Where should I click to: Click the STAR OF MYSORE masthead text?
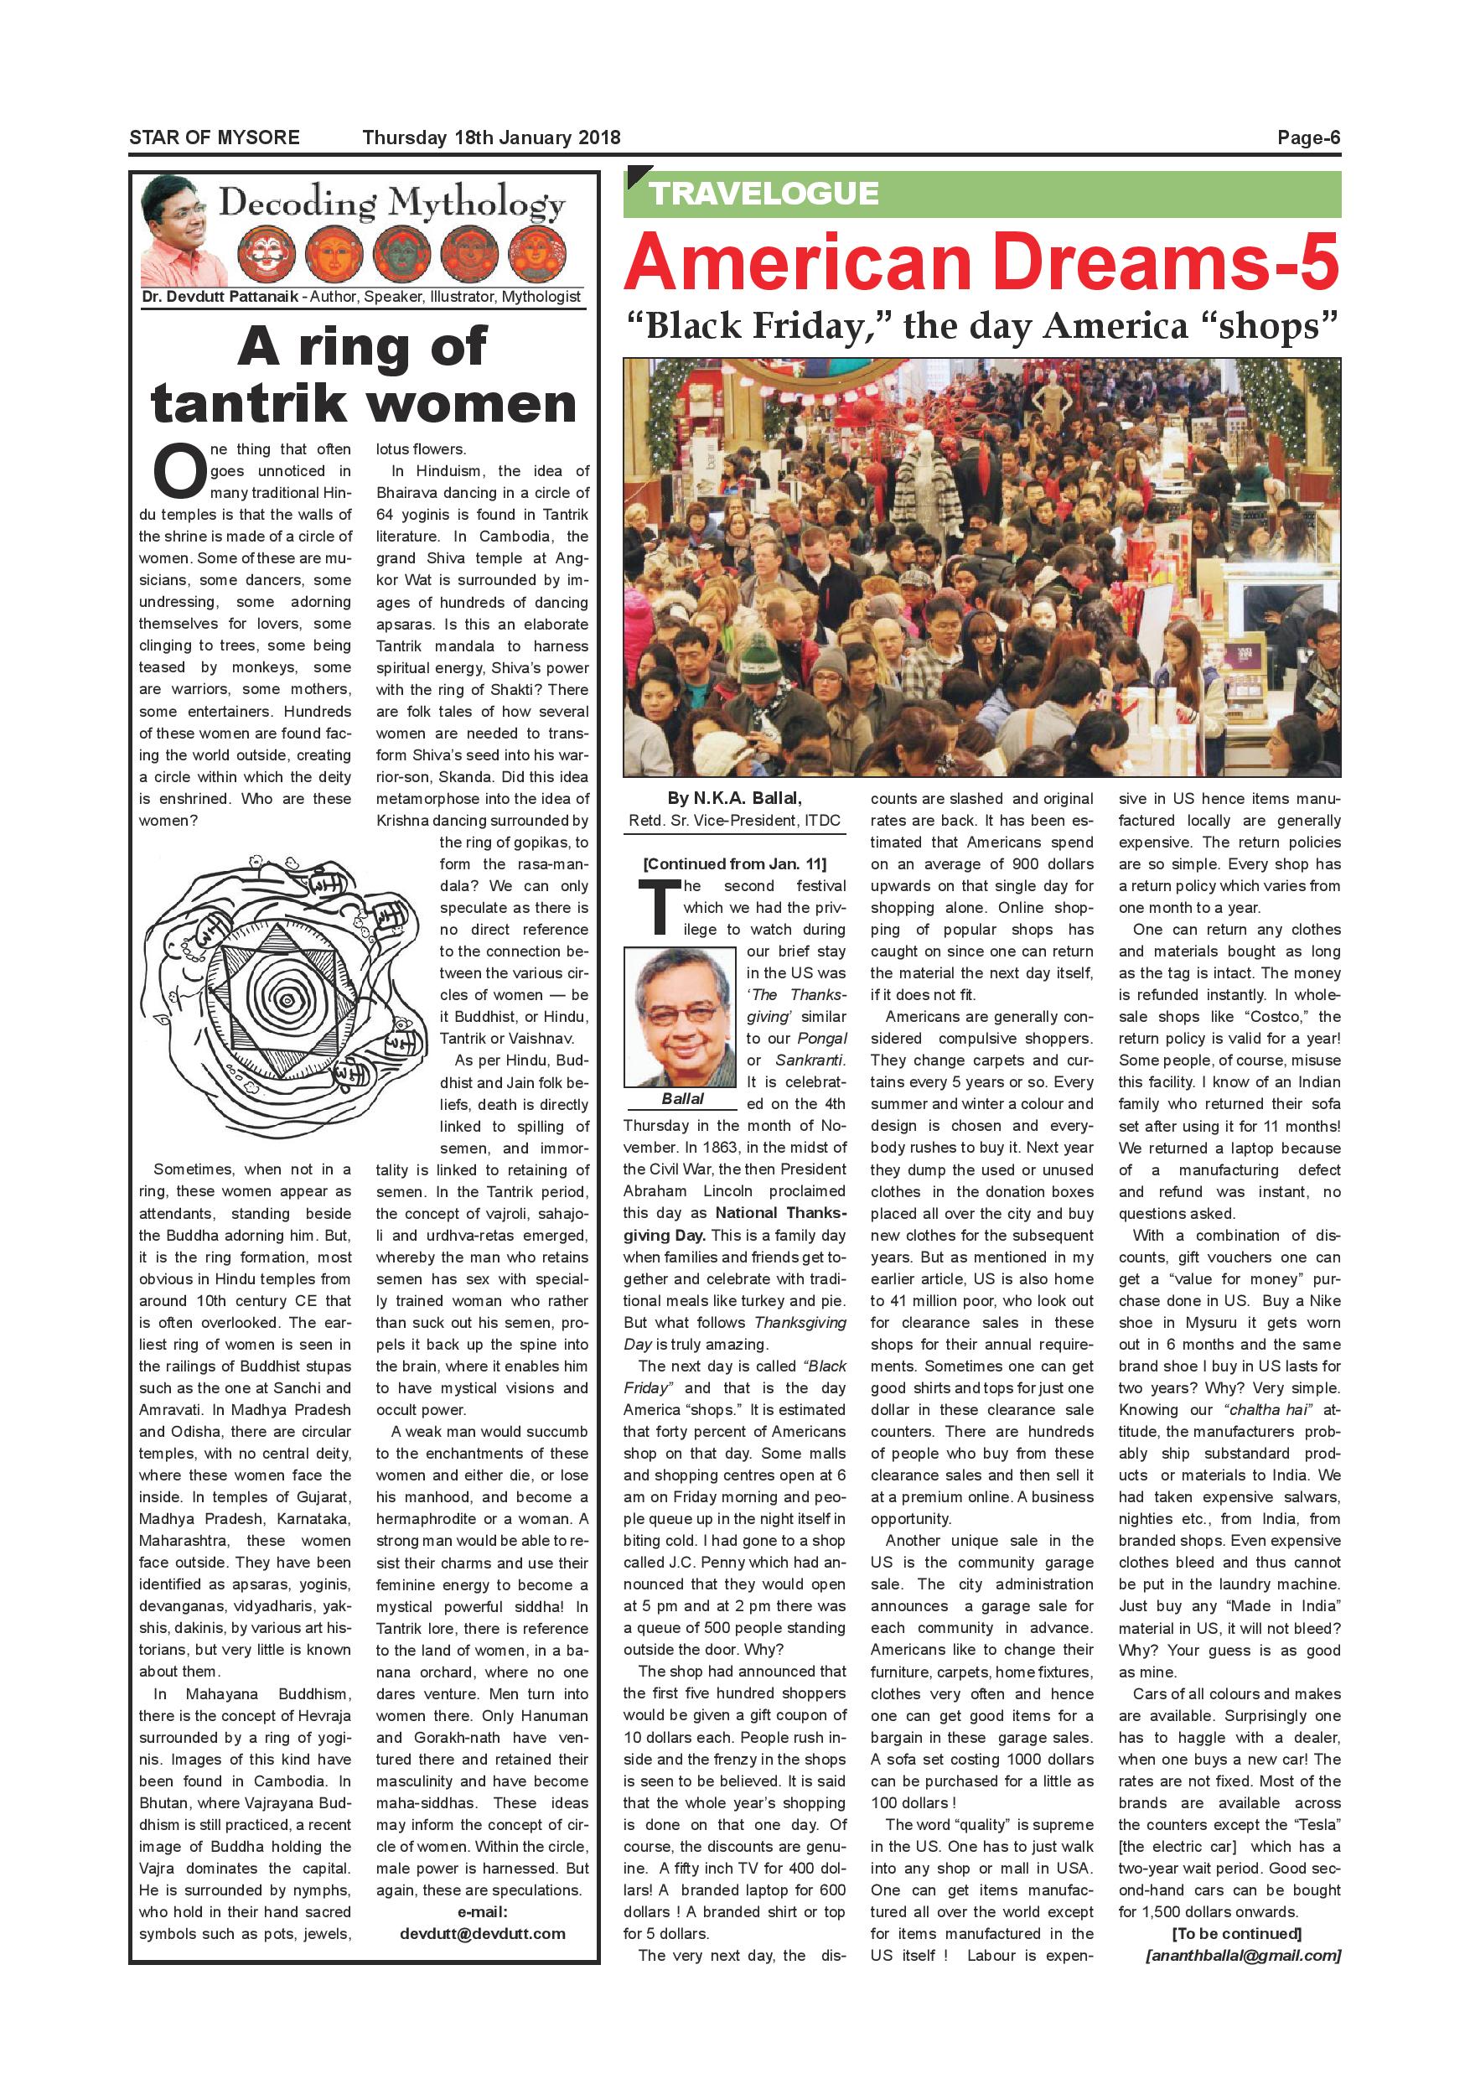(x=214, y=137)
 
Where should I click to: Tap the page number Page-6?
(x=1308, y=137)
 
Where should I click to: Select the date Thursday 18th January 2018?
(x=490, y=137)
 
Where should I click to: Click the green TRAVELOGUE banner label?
(x=763, y=194)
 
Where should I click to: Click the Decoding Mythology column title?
(x=392, y=203)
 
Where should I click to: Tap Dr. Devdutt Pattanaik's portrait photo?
(x=178, y=230)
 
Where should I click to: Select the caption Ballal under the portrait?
(x=681, y=1098)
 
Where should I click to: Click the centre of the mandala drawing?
(x=287, y=1001)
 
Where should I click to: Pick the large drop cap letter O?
(x=179, y=472)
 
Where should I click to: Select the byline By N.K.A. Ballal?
(x=734, y=798)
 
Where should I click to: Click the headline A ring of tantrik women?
(x=364, y=375)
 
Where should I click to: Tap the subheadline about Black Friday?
(x=981, y=326)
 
